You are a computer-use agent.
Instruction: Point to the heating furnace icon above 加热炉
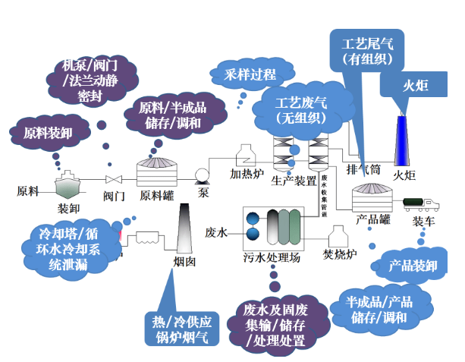[x=247, y=155]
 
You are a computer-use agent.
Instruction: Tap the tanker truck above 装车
[x=423, y=204]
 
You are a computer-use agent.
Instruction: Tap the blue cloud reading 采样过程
[x=250, y=74]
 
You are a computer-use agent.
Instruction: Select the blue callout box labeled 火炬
[x=414, y=86]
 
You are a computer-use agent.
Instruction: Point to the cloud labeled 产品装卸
[x=413, y=266]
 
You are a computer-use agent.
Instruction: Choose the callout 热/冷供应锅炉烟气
[x=182, y=328]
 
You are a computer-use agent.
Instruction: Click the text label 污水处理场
[x=273, y=258]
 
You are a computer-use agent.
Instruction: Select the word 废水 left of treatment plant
[x=216, y=232]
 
